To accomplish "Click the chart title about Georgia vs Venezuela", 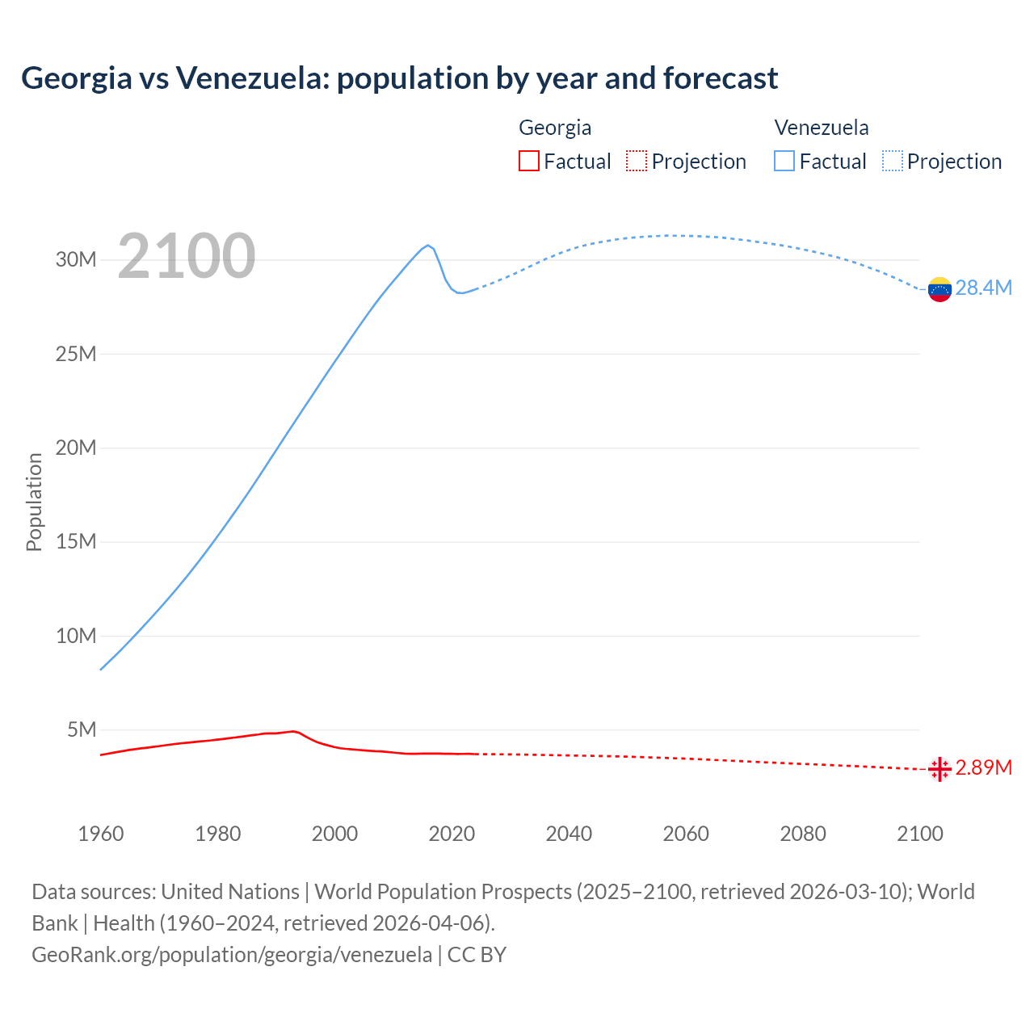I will (399, 78).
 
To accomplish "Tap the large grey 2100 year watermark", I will (187, 256).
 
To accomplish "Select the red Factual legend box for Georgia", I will (528, 161).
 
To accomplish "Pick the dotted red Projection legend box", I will (637, 161).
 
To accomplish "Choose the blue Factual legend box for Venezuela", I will (784, 161).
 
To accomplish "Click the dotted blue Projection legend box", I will (893, 161).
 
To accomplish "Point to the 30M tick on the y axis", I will (76, 259).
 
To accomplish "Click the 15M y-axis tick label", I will (76, 541).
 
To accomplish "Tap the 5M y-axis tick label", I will (82, 729).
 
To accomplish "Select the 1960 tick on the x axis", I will (101, 834).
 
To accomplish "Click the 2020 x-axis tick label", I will (452, 834).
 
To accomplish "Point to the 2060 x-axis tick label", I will (686, 834).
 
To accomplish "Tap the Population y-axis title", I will (34, 502).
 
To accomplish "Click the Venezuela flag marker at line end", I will (939, 289).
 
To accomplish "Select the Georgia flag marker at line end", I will (939, 769).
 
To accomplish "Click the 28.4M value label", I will (983, 288).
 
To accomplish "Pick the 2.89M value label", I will (983, 767).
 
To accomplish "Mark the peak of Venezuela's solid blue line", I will (428, 245).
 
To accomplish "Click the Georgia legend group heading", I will (555, 128).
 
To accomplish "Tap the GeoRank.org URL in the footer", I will (232, 954).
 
